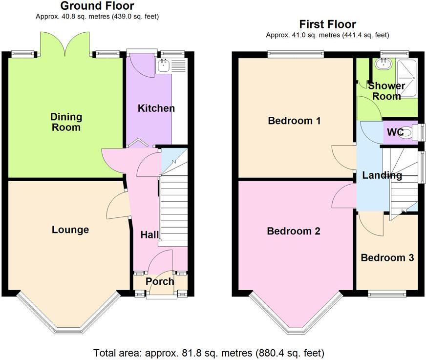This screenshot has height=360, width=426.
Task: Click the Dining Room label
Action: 66,122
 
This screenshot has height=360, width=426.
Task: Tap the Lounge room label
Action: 70,230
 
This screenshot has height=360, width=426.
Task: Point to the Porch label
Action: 160,281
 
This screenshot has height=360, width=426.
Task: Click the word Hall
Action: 149,235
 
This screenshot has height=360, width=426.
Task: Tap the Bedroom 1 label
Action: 294,120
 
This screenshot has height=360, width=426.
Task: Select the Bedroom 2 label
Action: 293,231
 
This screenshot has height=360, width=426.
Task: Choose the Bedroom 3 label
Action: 387,257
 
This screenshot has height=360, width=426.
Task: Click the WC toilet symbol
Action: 405,133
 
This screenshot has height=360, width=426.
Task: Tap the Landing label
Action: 382,175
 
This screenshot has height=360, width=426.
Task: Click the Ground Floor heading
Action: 97,6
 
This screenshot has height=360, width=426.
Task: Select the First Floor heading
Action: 327,24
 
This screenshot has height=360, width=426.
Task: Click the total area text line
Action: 209,352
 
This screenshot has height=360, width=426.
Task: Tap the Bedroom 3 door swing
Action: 370,223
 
